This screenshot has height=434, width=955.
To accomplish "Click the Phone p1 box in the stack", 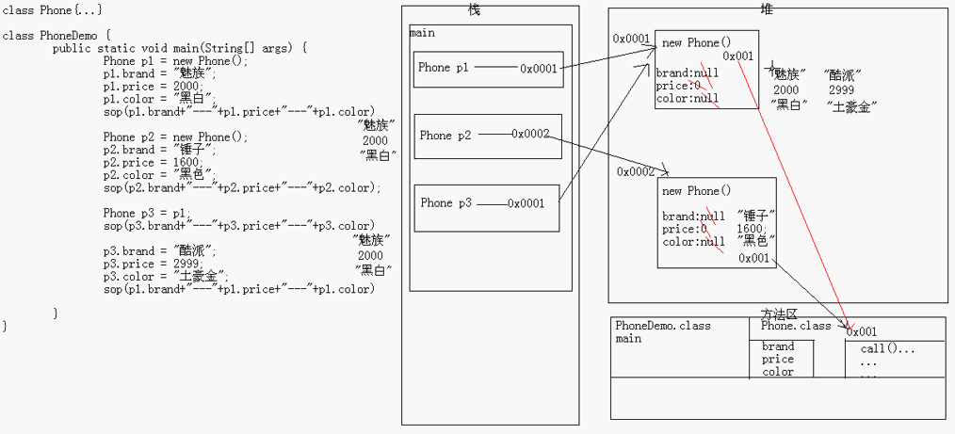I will coord(489,69).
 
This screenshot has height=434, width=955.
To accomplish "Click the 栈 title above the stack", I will coord(475,8).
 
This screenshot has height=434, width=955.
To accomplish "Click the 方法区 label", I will coord(778,313).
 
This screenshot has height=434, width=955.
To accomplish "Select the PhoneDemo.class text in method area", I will coord(663,326).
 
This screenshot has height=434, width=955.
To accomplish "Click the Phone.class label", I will coord(796,326).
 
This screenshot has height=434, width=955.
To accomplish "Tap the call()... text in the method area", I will coord(887,348).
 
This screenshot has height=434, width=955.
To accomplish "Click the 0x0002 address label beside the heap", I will coord(636,171).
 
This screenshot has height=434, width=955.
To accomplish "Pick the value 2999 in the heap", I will coord(841,89).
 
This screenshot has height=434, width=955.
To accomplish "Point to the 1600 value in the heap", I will coord(751,229).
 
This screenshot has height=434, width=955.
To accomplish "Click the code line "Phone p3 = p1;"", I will coord(147,213).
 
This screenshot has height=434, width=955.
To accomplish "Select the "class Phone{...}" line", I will coord(53,9).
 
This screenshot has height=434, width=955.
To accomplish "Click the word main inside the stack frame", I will coord(422,33).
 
